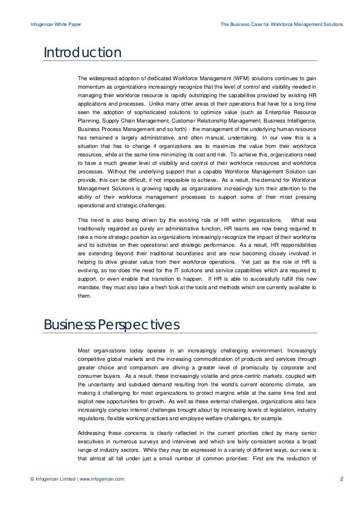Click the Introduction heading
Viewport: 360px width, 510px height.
pos(83,53)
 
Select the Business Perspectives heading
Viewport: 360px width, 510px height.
pos(112,325)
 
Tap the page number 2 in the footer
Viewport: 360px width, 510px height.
pos(342,480)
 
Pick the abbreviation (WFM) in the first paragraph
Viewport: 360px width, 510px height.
pos(232,78)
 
